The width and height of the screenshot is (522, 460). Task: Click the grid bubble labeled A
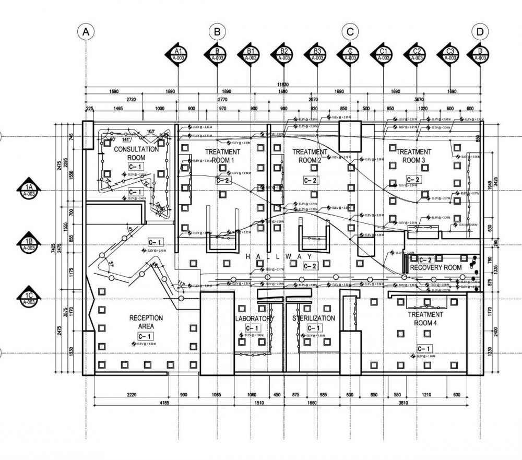(86, 32)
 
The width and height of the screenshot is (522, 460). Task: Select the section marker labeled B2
(284, 54)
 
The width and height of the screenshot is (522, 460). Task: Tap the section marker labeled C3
(450, 54)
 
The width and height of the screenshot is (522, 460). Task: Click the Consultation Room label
(136, 153)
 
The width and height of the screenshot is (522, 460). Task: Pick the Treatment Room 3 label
(414, 156)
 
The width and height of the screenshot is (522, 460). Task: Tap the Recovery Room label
(436, 267)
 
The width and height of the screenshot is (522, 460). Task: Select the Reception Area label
(146, 322)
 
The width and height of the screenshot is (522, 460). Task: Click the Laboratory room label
(254, 319)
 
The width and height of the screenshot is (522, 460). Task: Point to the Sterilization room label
(314, 319)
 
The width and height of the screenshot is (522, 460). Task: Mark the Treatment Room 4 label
(425, 319)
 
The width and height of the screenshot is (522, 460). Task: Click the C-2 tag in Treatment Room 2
(311, 180)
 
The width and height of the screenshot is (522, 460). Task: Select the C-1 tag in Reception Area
(142, 336)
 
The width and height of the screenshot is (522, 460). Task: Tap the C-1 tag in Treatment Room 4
(424, 348)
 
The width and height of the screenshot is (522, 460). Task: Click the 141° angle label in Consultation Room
(126, 140)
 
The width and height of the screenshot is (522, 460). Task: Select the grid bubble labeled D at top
(480, 32)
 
